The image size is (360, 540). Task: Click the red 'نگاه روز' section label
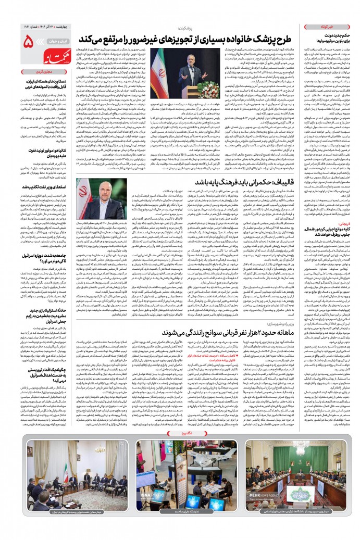180,449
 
